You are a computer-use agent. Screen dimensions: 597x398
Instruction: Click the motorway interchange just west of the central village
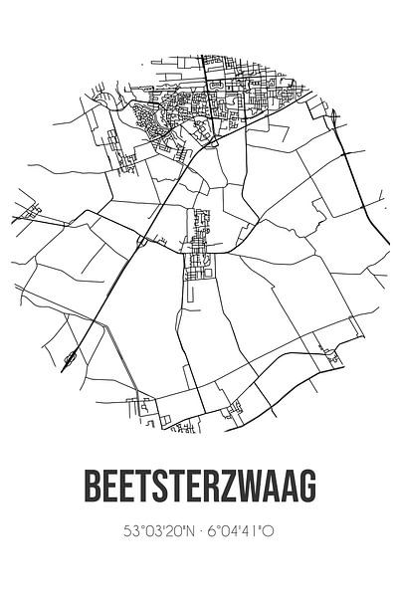145,240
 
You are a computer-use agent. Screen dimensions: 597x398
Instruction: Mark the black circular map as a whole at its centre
199,244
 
